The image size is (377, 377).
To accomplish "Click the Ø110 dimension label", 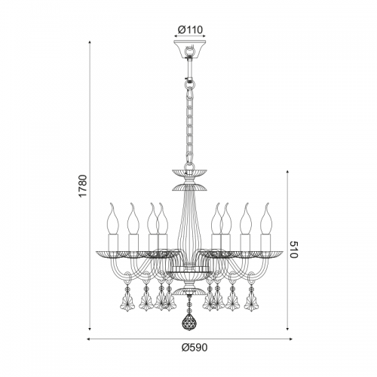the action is (x=190, y=30).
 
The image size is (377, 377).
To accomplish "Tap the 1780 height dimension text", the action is (x=83, y=185).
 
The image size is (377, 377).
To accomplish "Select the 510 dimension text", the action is (x=293, y=250).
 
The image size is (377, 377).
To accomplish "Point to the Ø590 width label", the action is (x=195, y=348).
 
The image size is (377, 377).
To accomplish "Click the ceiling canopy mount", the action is (x=190, y=49).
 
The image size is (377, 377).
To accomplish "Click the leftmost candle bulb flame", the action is (x=113, y=219).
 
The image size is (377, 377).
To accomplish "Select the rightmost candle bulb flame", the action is (x=266, y=219).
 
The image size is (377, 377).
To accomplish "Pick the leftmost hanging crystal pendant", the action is (x=128, y=302).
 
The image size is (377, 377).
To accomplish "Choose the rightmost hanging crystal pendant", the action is (x=251, y=302).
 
